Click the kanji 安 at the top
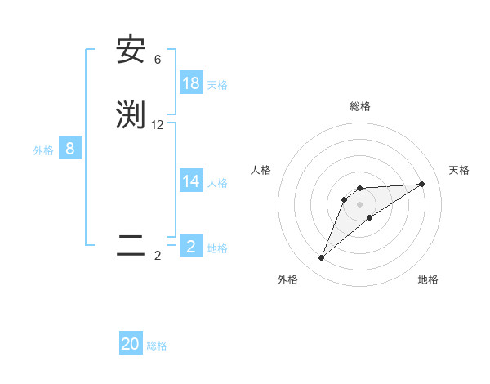[131, 51]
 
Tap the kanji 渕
[131, 115]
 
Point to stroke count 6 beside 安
[158, 60]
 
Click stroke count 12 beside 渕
[158, 125]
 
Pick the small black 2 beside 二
[158, 256]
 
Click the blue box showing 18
[191, 83]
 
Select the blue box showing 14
[191, 181]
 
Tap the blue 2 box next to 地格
[191, 247]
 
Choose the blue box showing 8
[70, 149]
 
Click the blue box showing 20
[131, 344]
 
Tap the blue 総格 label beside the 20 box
[157, 346]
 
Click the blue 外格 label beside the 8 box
[43, 150]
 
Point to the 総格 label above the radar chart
[359, 106]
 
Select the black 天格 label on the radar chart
[459, 170]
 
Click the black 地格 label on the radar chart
[428, 279]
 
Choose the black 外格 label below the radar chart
[287, 279]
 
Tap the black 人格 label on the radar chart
[261, 170]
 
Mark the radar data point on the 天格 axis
[422, 184]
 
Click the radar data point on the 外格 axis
[322, 258]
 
